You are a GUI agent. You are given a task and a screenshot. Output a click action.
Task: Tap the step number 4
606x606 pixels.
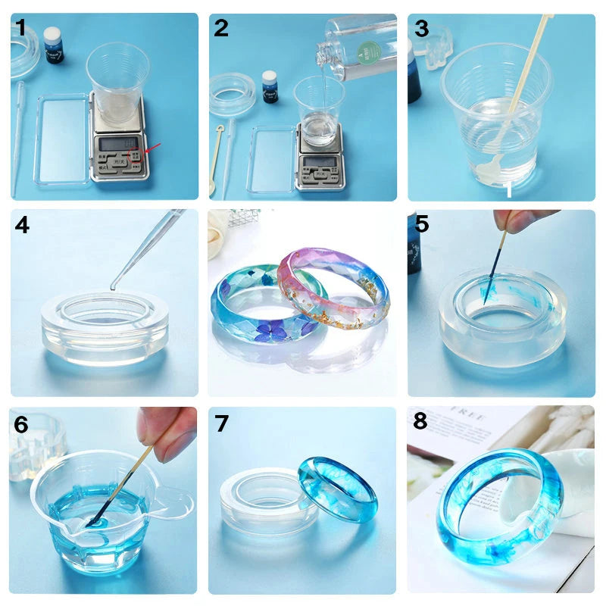(22, 225)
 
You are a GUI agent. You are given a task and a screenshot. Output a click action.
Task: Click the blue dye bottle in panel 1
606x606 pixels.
(53, 45)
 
